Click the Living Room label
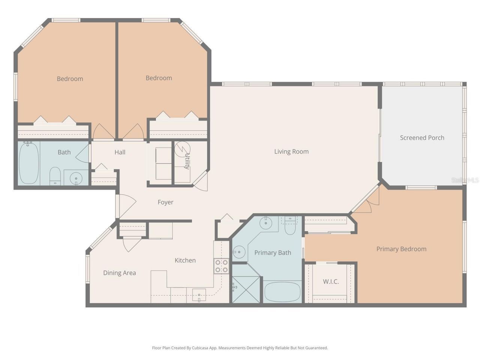[291, 151]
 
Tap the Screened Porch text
[422, 138]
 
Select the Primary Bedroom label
[401, 249]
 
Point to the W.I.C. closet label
[331, 281]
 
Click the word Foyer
[165, 202]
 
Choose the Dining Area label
[119, 273]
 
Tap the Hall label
[120, 152]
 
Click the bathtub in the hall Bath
[29, 163]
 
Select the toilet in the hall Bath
[55, 176]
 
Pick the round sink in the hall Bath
[76, 178]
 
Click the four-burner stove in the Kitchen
[221, 266]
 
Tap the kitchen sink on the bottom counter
[199, 295]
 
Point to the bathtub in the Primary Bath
[282, 292]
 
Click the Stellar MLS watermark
[465, 180]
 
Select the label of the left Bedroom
[70, 79]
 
